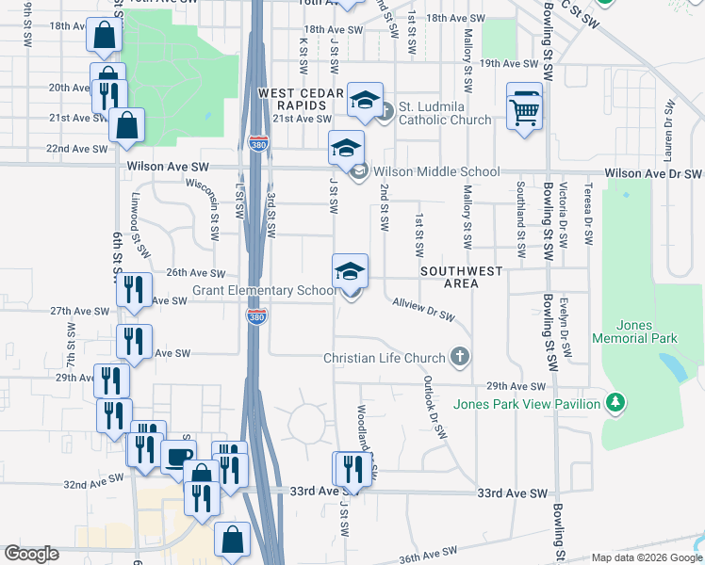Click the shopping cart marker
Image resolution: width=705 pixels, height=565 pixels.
pos(525,109)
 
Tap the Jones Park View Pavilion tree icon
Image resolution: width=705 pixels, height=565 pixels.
pos(615,404)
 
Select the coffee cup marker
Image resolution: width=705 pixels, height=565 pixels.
pos(177,457)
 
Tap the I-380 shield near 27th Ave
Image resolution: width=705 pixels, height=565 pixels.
pos(255,316)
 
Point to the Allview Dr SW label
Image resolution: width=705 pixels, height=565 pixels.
pos(424,310)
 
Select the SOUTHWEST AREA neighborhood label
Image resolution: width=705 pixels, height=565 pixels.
pos(462,277)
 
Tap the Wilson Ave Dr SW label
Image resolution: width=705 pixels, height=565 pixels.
pos(653,174)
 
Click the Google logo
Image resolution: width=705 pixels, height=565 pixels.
pos(31,553)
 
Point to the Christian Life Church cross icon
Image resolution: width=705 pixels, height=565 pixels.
pos(459,357)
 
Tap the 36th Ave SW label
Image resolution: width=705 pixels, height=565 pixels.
pos(427,553)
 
